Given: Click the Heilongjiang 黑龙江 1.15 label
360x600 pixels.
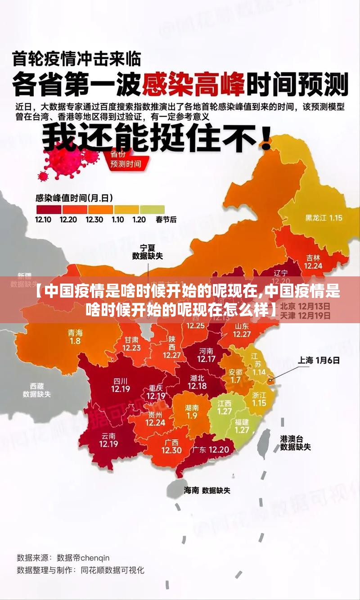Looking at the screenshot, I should (324, 218).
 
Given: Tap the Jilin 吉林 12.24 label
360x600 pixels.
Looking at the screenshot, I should (313, 262).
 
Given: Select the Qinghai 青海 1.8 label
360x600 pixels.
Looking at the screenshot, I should (75, 337).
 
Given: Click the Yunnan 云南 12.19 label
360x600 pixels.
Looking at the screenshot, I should (108, 440).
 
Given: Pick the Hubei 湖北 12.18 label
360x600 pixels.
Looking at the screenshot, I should (197, 382).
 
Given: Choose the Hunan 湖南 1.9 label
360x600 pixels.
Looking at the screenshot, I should (192, 411).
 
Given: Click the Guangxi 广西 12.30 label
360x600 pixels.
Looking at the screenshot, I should (171, 446).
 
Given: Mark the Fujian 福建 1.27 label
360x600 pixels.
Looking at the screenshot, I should (242, 426).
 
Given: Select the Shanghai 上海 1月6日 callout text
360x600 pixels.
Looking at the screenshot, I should (319, 360).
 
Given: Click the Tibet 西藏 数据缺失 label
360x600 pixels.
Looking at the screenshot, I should (37, 390).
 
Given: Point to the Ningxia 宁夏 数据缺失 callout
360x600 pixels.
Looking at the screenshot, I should (147, 252).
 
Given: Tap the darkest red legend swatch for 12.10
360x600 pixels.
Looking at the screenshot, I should (49, 209).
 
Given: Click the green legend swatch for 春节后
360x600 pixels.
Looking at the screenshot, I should (152, 209).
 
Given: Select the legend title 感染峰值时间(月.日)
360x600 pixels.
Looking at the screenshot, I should (74, 198).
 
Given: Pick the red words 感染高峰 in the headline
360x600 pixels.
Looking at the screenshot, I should (193, 84).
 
